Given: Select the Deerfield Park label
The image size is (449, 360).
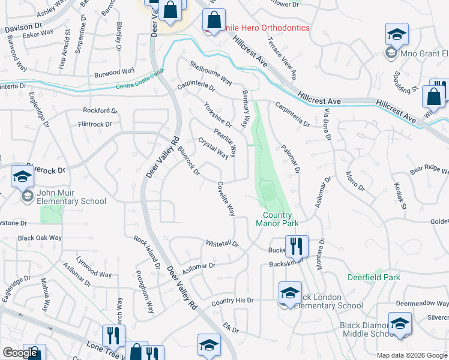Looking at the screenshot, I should pyautogui.click(x=373, y=277).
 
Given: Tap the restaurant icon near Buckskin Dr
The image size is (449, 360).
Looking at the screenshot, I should pyautogui.click(x=296, y=246).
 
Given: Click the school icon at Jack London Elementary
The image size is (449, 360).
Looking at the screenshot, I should pyautogui.click(x=290, y=293).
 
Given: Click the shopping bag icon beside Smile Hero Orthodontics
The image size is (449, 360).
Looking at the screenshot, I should pyautogui.click(x=214, y=20).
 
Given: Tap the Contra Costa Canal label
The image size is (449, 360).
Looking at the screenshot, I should pyautogui.click(x=140, y=88).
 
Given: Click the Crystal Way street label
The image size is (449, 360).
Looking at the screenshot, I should pyautogui.click(x=213, y=148).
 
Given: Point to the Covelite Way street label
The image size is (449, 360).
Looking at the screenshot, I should pyautogui.click(x=226, y=199).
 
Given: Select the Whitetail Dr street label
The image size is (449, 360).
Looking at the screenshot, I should pyautogui.click(x=222, y=244).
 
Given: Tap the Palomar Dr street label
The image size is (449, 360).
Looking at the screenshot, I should pyautogui.click(x=291, y=159).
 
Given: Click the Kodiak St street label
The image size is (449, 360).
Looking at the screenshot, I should pyautogui.click(x=400, y=197).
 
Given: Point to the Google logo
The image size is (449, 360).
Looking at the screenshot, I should pyautogui.click(x=20, y=353).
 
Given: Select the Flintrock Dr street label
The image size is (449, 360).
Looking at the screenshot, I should pyautogui.click(x=95, y=124).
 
